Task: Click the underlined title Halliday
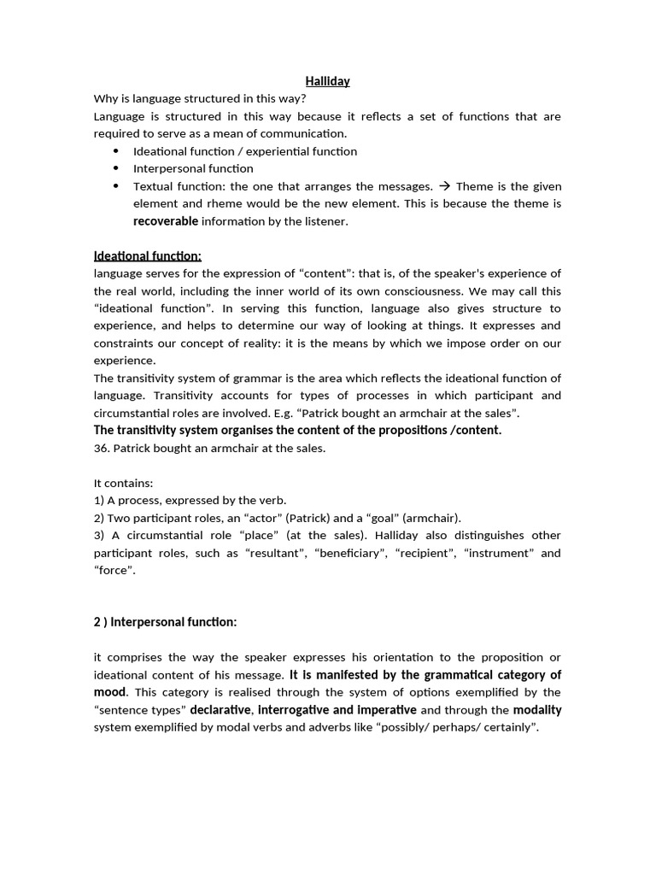point(327,81)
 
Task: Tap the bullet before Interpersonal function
point(115,168)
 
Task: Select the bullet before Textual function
point(115,186)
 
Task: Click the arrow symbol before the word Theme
point(445,186)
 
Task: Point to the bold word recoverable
point(166,221)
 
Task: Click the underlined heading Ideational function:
point(148,255)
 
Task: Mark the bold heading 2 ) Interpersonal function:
point(165,622)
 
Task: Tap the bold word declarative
point(220,710)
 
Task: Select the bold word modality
point(537,710)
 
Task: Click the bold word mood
point(109,692)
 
